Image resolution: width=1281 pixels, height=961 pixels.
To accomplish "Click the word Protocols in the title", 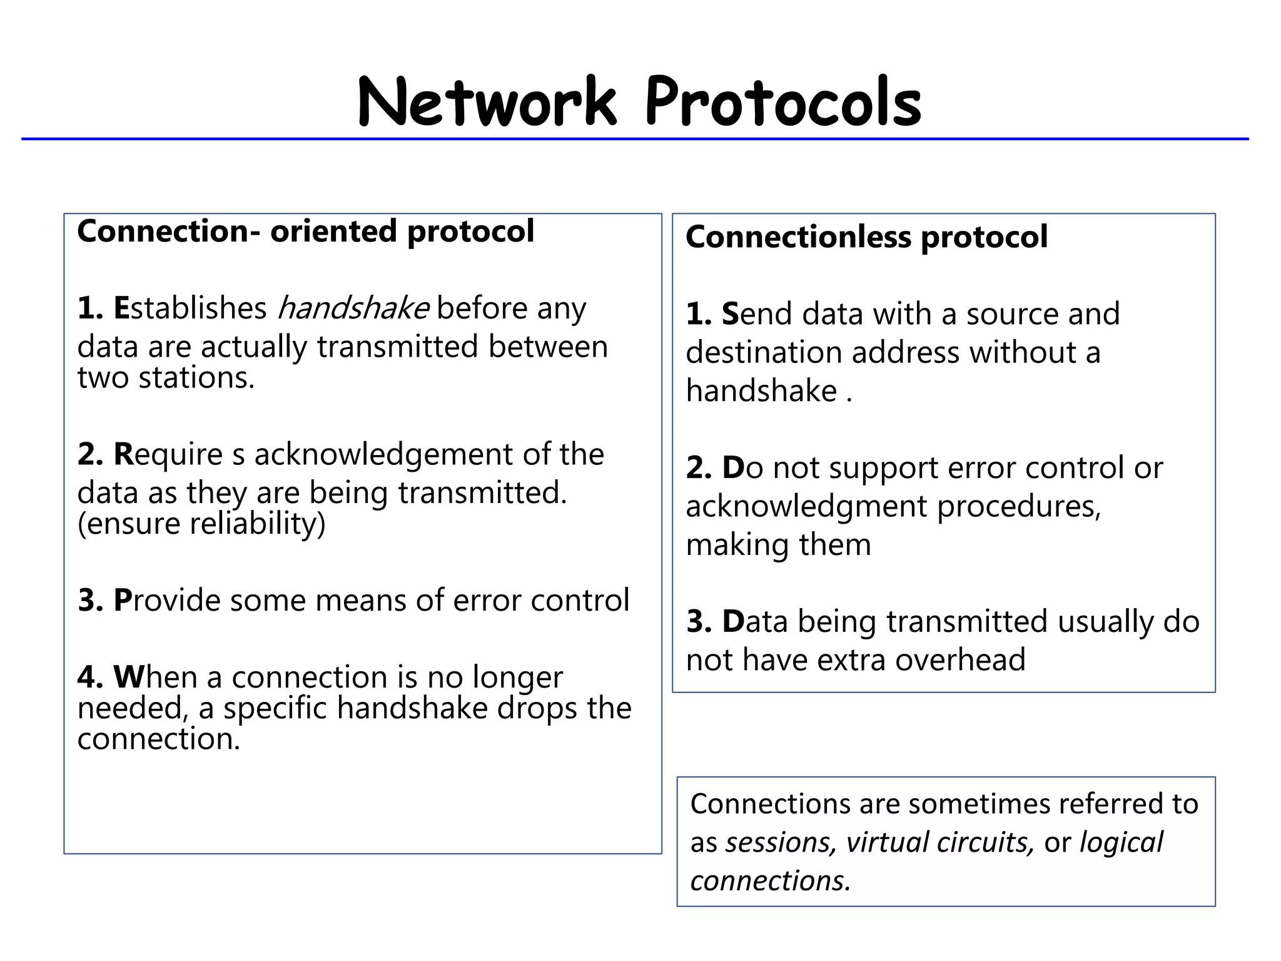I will click(x=783, y=102).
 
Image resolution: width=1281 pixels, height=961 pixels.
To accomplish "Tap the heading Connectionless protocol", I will click(x=866, y=237).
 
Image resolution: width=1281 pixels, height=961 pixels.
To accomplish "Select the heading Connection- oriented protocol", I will click(x=305, y=231).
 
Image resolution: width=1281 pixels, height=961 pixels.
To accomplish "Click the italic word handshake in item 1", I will click(x=353, y=308).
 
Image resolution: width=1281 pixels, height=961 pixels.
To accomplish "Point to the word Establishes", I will click(x=190, y=308).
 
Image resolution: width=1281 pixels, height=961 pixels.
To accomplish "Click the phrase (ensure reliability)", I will click(x=201, y=524).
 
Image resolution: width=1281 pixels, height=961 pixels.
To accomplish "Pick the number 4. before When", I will click(x=91, y=678).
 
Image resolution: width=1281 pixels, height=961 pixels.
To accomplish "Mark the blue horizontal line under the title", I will click(x=634, y=139).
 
